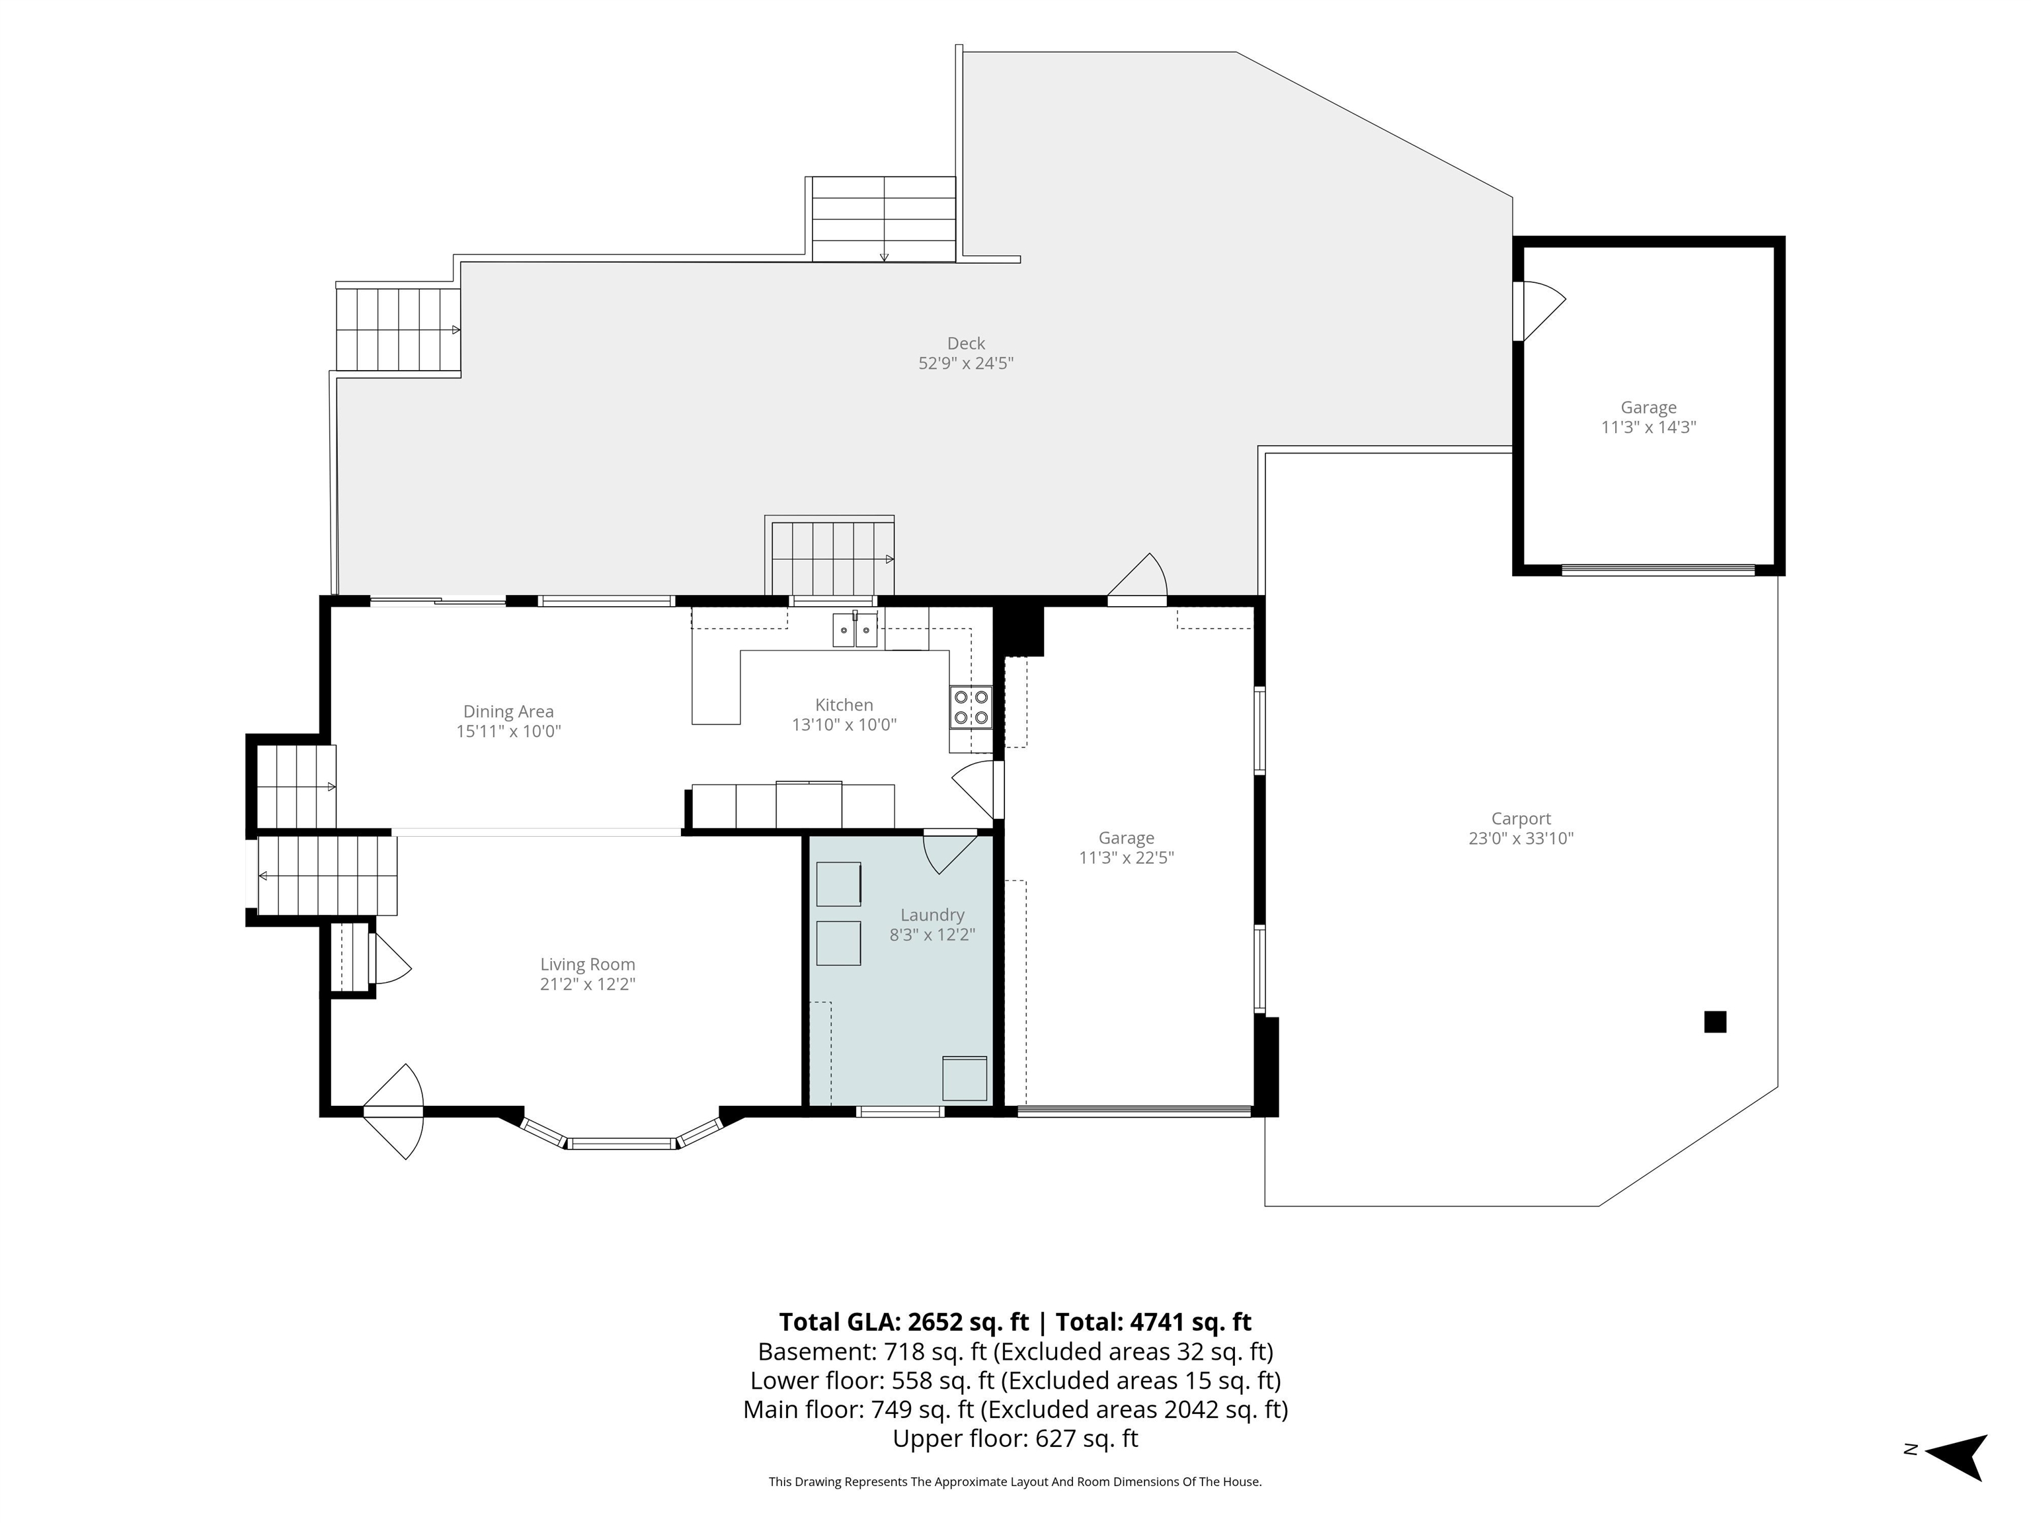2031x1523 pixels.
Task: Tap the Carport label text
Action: click(1521, 819)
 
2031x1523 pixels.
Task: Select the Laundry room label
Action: click(932, 916)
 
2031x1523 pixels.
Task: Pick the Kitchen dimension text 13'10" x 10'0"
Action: click(844, 725)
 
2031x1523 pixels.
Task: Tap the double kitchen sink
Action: click(855, 631)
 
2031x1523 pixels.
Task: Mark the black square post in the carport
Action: click(1715, 1022)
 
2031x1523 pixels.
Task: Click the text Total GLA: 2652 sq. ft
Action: click(904, 1322)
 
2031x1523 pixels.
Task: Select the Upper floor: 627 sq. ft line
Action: click(1015, 1438)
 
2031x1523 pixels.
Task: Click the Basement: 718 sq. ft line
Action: click(1015, 1351)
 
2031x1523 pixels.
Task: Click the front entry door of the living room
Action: click(393, 1112)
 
